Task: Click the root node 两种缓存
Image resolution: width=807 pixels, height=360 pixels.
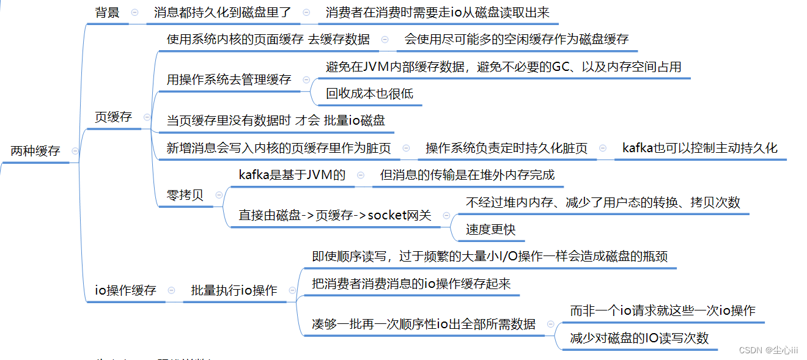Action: tap(35, 151)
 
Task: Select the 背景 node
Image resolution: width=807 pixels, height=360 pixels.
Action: tap(108, 12)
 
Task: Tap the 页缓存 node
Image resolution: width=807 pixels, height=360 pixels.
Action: tap(114, 117)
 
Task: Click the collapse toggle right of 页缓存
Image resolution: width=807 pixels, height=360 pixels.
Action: tap(146, 117)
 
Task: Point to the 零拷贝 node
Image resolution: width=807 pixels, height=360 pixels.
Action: tap(185, 196)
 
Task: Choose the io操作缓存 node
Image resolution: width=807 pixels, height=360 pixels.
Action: tap(126, 290)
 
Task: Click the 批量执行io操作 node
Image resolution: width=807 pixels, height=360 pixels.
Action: tap(234, 290)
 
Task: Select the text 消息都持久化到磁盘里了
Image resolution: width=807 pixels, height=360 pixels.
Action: tap(223, 12)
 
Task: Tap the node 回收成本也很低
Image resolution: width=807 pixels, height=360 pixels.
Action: tap(369, 94)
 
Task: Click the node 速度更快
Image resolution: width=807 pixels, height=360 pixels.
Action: tap(491, 229)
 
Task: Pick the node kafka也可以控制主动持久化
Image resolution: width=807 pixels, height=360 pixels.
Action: tap(699, 148)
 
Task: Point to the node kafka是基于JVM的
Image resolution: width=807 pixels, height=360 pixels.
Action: tap(292, 175)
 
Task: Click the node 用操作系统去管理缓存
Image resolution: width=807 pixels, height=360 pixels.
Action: tap(229, 79)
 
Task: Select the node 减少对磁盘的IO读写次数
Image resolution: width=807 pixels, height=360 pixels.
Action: tap(639, 338)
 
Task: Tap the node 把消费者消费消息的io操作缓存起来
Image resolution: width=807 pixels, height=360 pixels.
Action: tap(411, 284)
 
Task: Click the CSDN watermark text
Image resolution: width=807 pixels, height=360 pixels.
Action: tap(768, 350)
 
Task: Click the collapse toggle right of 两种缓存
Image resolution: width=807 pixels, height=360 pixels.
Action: tap(75, 151)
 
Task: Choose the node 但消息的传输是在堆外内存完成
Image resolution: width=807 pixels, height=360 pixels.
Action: tap(467, 175)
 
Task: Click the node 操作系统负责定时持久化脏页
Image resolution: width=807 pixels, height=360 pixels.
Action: tap(506, 148)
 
